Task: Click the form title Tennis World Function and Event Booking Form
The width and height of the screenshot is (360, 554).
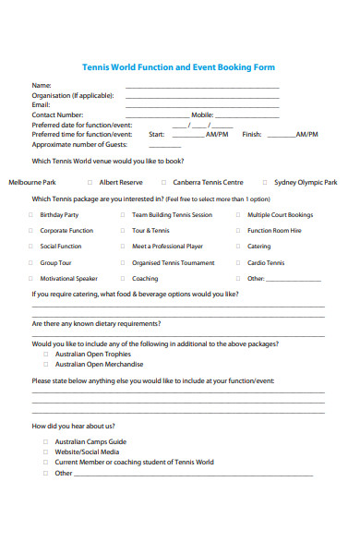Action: click(x=179, y=67)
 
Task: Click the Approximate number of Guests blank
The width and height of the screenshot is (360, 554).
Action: click(x=164, y=146)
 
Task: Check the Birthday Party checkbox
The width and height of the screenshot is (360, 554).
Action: click(x=30, y=215)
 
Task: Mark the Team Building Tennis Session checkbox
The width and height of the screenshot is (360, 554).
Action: click(x=123, y=215)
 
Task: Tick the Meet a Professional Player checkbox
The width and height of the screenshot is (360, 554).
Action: click(x=123, y=247)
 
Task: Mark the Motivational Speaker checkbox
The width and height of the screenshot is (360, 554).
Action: click(x=30, y=279)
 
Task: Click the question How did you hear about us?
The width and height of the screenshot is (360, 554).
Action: click(x=74, y=427)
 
